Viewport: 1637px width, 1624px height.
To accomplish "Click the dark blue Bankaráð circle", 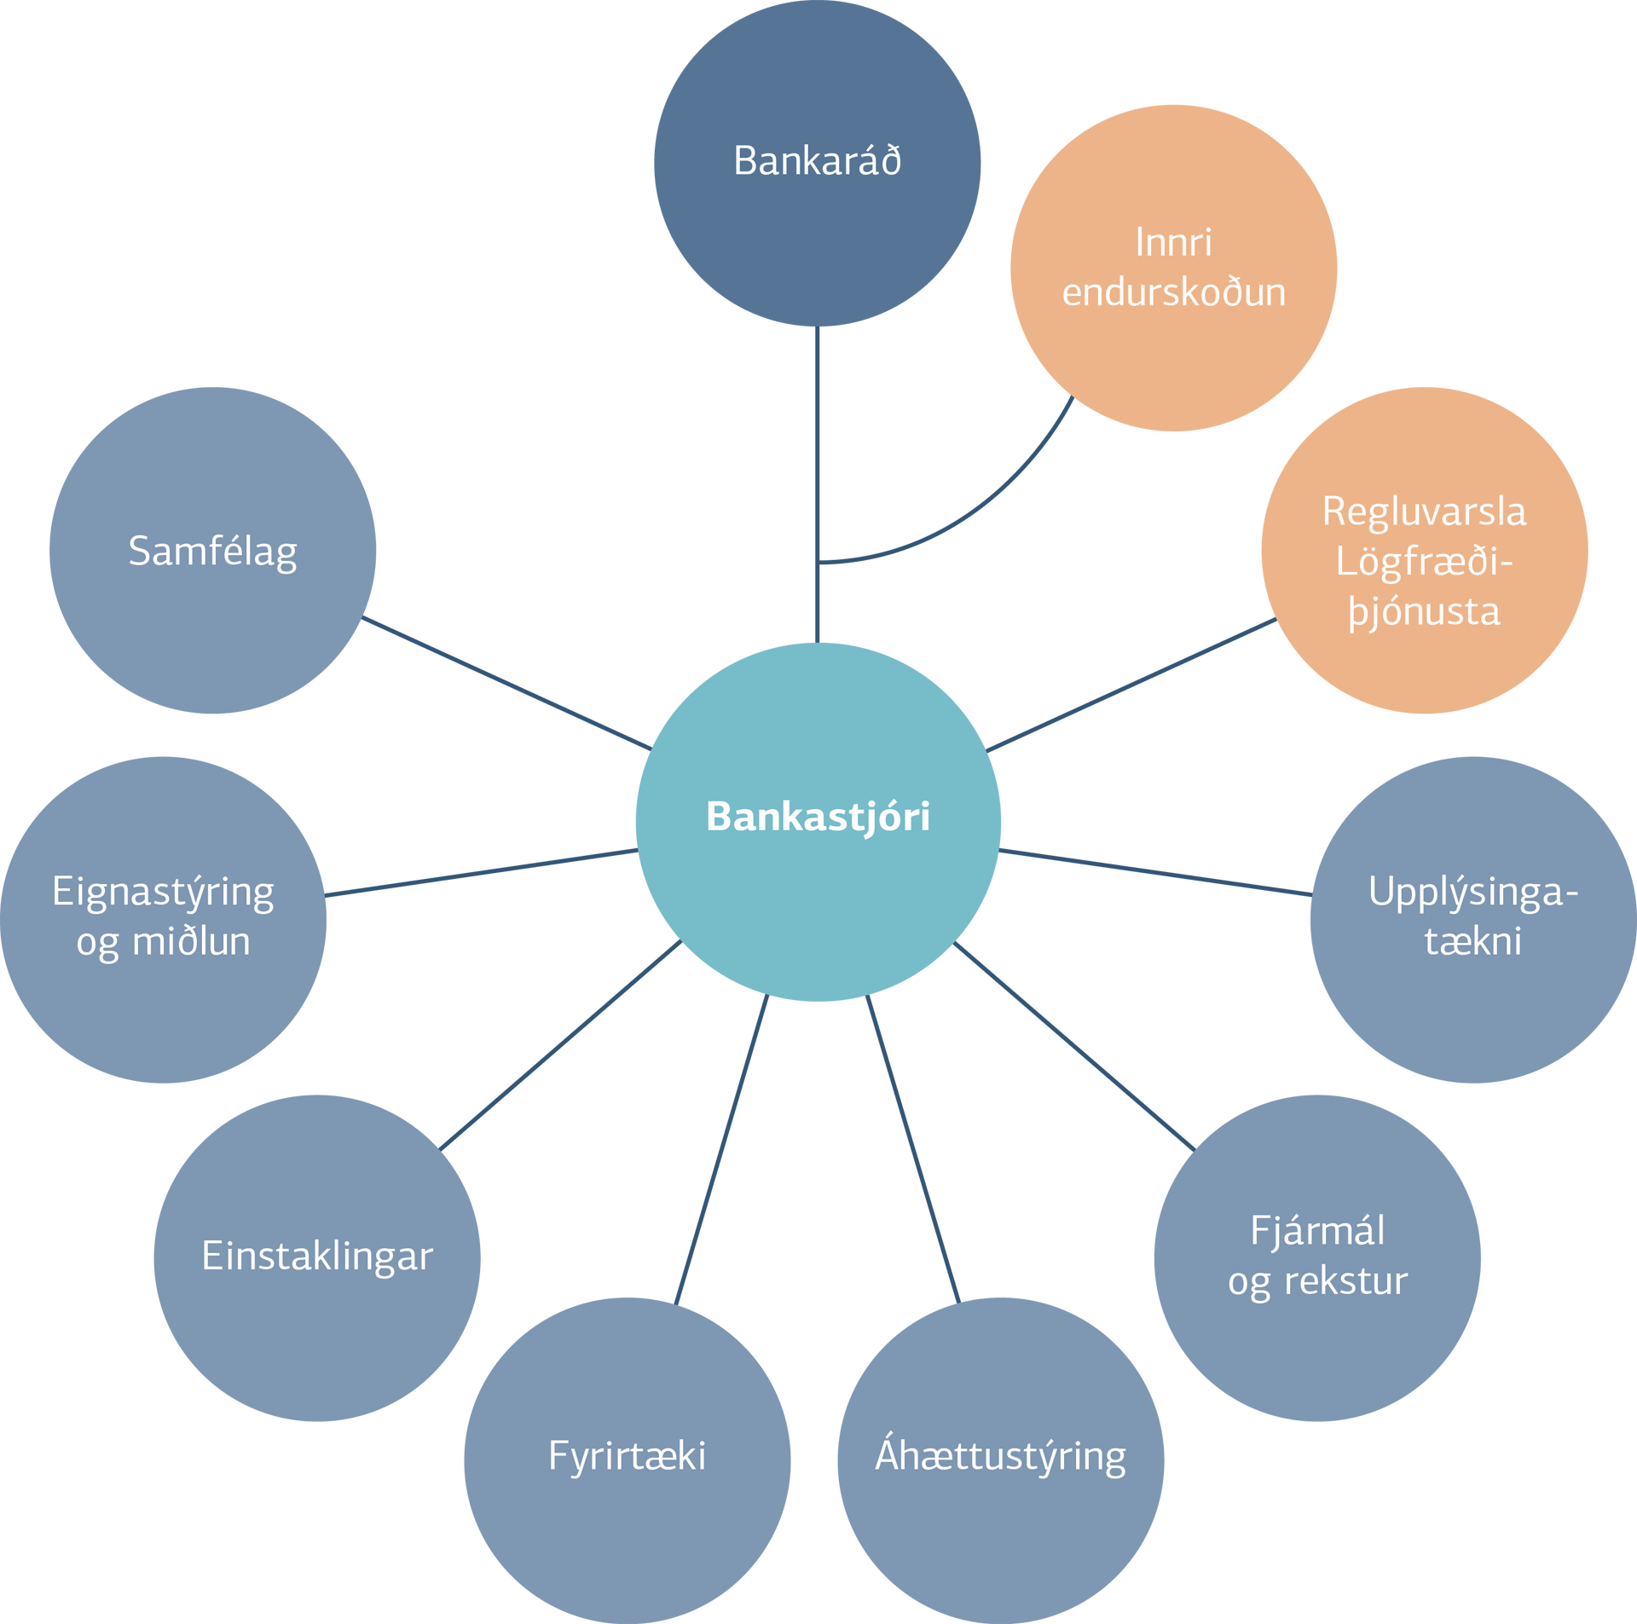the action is coord(817,163).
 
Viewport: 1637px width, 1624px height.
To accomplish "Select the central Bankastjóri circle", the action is coord(818,822).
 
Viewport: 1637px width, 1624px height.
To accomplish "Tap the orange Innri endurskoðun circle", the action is coord(1173,268).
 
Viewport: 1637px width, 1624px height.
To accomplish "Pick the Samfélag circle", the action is coord(212,550).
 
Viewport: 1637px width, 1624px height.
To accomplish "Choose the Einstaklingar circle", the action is coord(317,1257).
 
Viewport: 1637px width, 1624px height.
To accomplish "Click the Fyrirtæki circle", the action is coord(628,1460).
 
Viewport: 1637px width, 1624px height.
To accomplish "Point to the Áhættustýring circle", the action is coord(1001,1460).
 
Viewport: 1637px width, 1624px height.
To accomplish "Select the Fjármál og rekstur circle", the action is coord(1317,1257).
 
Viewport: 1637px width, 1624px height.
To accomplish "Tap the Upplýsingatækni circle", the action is coord(1473,920).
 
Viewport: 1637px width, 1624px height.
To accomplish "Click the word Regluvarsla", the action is coord(1424,511).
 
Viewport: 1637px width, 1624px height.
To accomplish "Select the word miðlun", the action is coord(191,941).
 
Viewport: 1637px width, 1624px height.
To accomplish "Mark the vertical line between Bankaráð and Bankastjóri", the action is coord(817,484).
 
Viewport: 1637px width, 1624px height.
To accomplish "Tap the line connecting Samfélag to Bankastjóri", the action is coord(507,683).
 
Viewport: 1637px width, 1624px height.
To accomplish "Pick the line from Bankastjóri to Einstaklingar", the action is coord(560,1045).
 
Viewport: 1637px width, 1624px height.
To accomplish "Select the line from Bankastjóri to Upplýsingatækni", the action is coord(1155,872).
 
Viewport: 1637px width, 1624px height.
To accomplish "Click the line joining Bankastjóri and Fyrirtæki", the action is coord(721,1150).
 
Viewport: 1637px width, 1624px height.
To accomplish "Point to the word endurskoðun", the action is coord(1173,292).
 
